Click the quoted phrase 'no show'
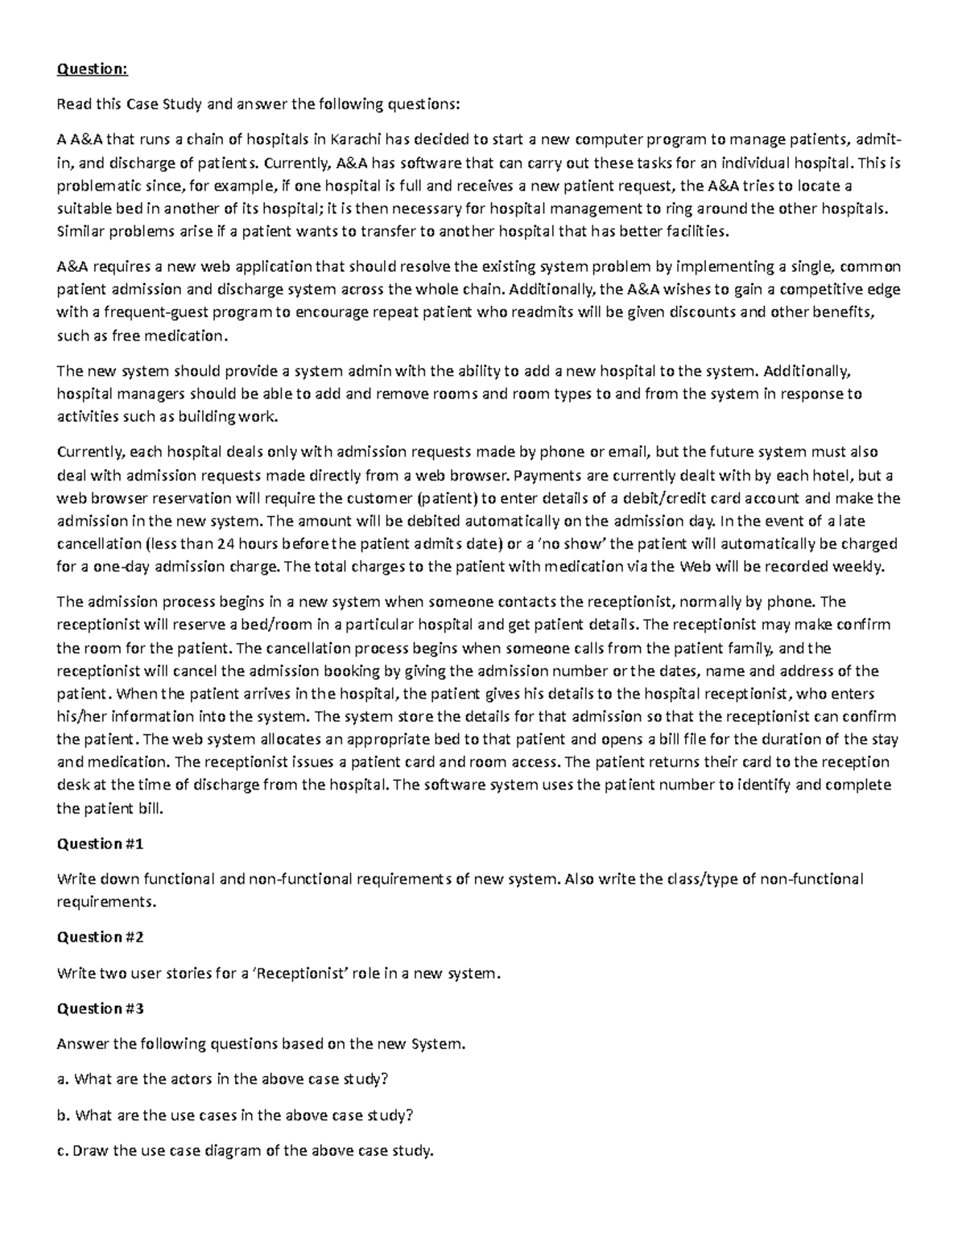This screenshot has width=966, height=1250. (572, 543)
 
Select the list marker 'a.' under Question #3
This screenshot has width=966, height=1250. (63, 1079)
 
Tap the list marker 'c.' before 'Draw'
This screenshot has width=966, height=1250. (62, 1150)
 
